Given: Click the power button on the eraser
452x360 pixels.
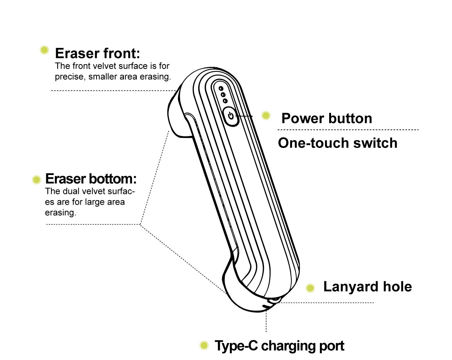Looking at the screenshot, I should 231,115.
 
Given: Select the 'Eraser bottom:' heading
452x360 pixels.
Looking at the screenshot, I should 91,179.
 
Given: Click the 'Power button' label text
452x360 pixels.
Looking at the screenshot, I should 326,118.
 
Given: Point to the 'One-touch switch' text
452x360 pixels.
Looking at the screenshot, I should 337,143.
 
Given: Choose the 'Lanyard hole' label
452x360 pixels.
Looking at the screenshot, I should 367,287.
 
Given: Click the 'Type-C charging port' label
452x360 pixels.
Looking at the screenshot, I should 279,346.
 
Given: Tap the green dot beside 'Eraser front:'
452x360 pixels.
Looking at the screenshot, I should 44,50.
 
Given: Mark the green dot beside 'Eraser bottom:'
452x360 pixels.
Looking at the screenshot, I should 37,179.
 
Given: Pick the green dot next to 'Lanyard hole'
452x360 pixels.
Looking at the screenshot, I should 310,288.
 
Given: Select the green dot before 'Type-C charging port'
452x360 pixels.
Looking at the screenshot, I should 204,345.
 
